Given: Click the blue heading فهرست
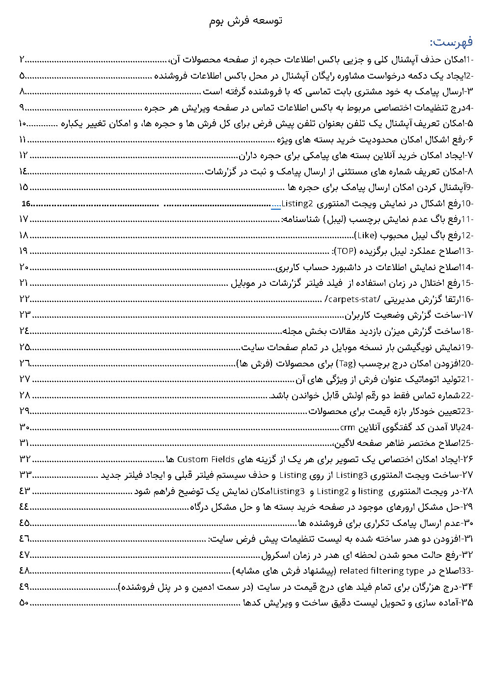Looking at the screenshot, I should [451, 42].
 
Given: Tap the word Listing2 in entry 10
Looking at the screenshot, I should [297, 203].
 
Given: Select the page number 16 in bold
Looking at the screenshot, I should [26, 203].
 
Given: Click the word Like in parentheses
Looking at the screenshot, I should [365, 235].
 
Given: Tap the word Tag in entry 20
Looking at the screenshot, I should [347, 363].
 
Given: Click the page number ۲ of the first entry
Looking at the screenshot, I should [22, 60].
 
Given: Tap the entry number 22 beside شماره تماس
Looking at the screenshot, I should [466, 395].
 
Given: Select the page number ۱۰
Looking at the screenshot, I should [23, 123].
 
